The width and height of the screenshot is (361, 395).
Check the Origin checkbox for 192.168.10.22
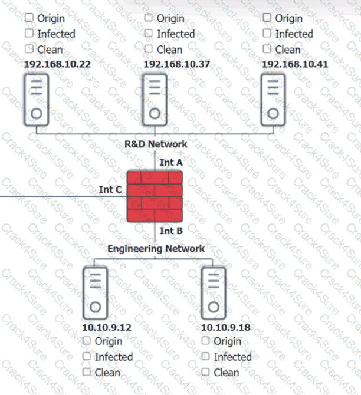[x=29, y=18]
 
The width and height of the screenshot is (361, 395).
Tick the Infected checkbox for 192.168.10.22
[x=29, y=34]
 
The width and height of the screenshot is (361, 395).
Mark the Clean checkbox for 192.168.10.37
[x=149, y=50]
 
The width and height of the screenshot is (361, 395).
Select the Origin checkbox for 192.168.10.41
[x=267, y=18]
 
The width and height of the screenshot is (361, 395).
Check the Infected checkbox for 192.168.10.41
[x=267, y=34]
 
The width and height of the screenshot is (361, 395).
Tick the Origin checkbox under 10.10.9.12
[x=87, y=341]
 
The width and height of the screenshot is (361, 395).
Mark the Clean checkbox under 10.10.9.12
[x=87, y=372]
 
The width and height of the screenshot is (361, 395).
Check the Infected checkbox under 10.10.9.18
[x=205, y=357]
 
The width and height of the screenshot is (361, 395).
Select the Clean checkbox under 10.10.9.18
[x=205, y=372]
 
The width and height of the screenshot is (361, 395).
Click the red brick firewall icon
[x=155, y=196]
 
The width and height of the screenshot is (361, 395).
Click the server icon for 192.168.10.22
[x=36, y=99]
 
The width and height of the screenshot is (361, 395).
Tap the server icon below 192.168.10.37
[x=155, y=99]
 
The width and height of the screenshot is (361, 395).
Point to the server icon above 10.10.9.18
[x=214, y=293]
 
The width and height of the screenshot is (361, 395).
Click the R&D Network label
[x=156, y=143]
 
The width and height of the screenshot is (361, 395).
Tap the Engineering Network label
[x=156, y=249]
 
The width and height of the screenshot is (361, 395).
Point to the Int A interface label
[x=171, y=161]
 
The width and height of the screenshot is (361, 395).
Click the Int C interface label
[x=110, y=189]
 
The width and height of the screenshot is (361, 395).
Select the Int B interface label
[x=171, y=231]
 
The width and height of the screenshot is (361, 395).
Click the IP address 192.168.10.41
[x=295, y=64]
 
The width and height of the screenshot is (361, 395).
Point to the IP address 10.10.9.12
[x=107, y=327]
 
